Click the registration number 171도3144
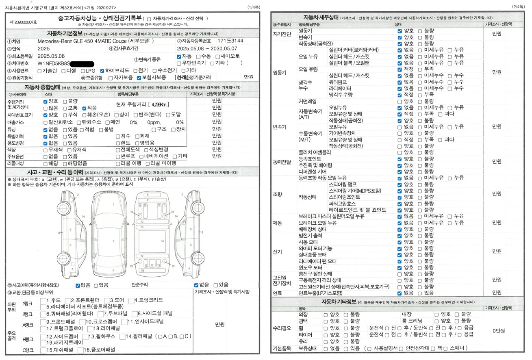[x=230, y=41]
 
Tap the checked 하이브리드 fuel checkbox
[x=102, y=70]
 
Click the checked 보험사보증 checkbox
[x=139, y=78]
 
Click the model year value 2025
[x=43, y=49]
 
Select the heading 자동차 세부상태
[x=321, y=17]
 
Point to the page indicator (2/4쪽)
[x=519, y=7]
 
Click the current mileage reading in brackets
[x=159, y=105]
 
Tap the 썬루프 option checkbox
[x=118, y=156]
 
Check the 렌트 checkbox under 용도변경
[x=118, y=143]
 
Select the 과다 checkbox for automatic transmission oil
[x=440, y=114]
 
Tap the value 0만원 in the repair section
[x=499, y=331]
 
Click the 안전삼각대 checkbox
[x=401, y=349]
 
